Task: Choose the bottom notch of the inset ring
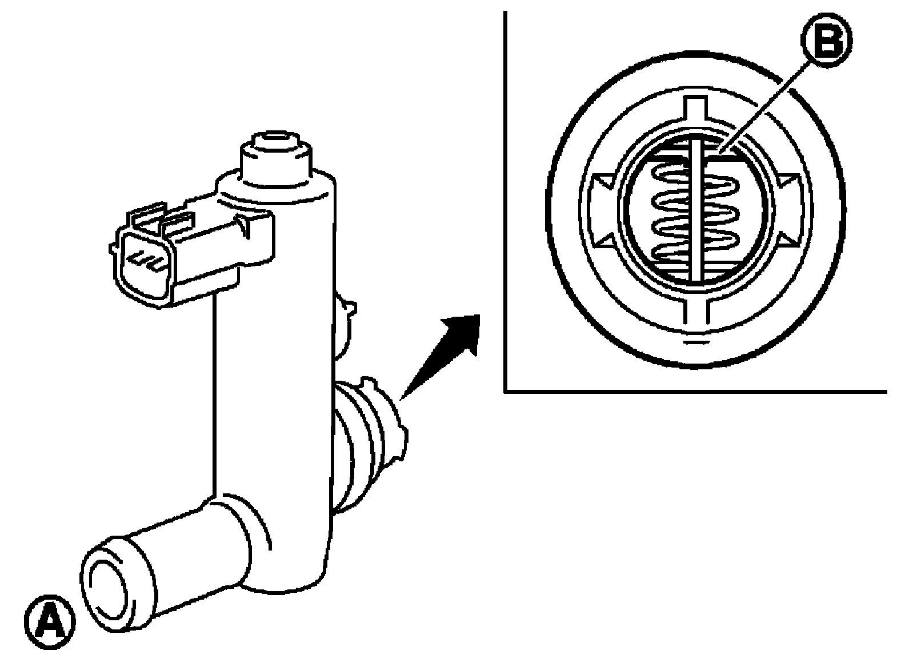click(x=696, y=310)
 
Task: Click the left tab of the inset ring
click(x=602, y=210)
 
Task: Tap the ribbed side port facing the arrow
click(x=370, y=445)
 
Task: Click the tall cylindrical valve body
click(x=275, y=364)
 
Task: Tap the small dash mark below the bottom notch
click(x=696, y=342)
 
